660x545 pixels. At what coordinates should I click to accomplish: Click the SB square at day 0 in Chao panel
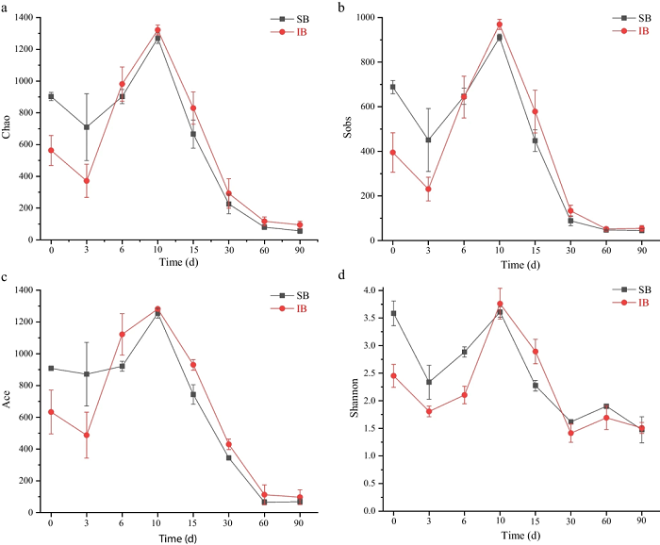pos(51,96)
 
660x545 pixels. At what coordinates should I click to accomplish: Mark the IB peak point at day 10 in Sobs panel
pos(500,25)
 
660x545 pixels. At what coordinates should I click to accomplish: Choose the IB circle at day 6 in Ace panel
pos(123,335)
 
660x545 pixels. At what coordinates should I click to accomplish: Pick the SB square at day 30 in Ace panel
pos(228,458)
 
